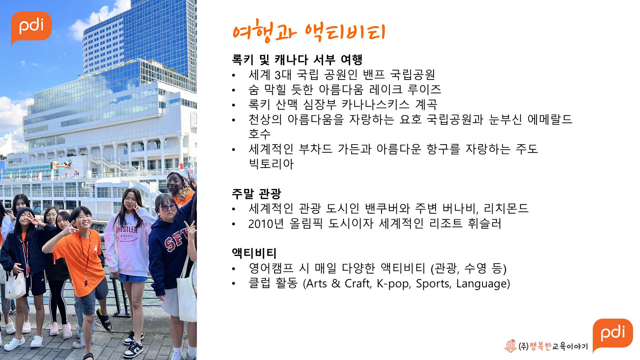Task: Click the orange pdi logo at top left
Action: click(x=31, y=27)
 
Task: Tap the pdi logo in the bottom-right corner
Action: click(x=613, y=334)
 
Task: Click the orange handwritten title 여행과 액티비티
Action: click(x=309, y=32)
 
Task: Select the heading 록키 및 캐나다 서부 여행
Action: click(x=297, y=60)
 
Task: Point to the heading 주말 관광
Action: click(x=256, y=194)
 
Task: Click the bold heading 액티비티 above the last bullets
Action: click(x=254, y=253)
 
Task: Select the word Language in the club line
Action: click(x=481, y=284)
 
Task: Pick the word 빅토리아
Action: click(x=271, y=164)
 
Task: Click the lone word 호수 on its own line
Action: click(x=260, y=134)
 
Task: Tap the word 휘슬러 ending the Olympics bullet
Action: click(x=485, y=223)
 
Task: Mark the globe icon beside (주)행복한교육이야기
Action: click(x=510, y=346)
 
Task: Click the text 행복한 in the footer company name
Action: click(x=540, y=346)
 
